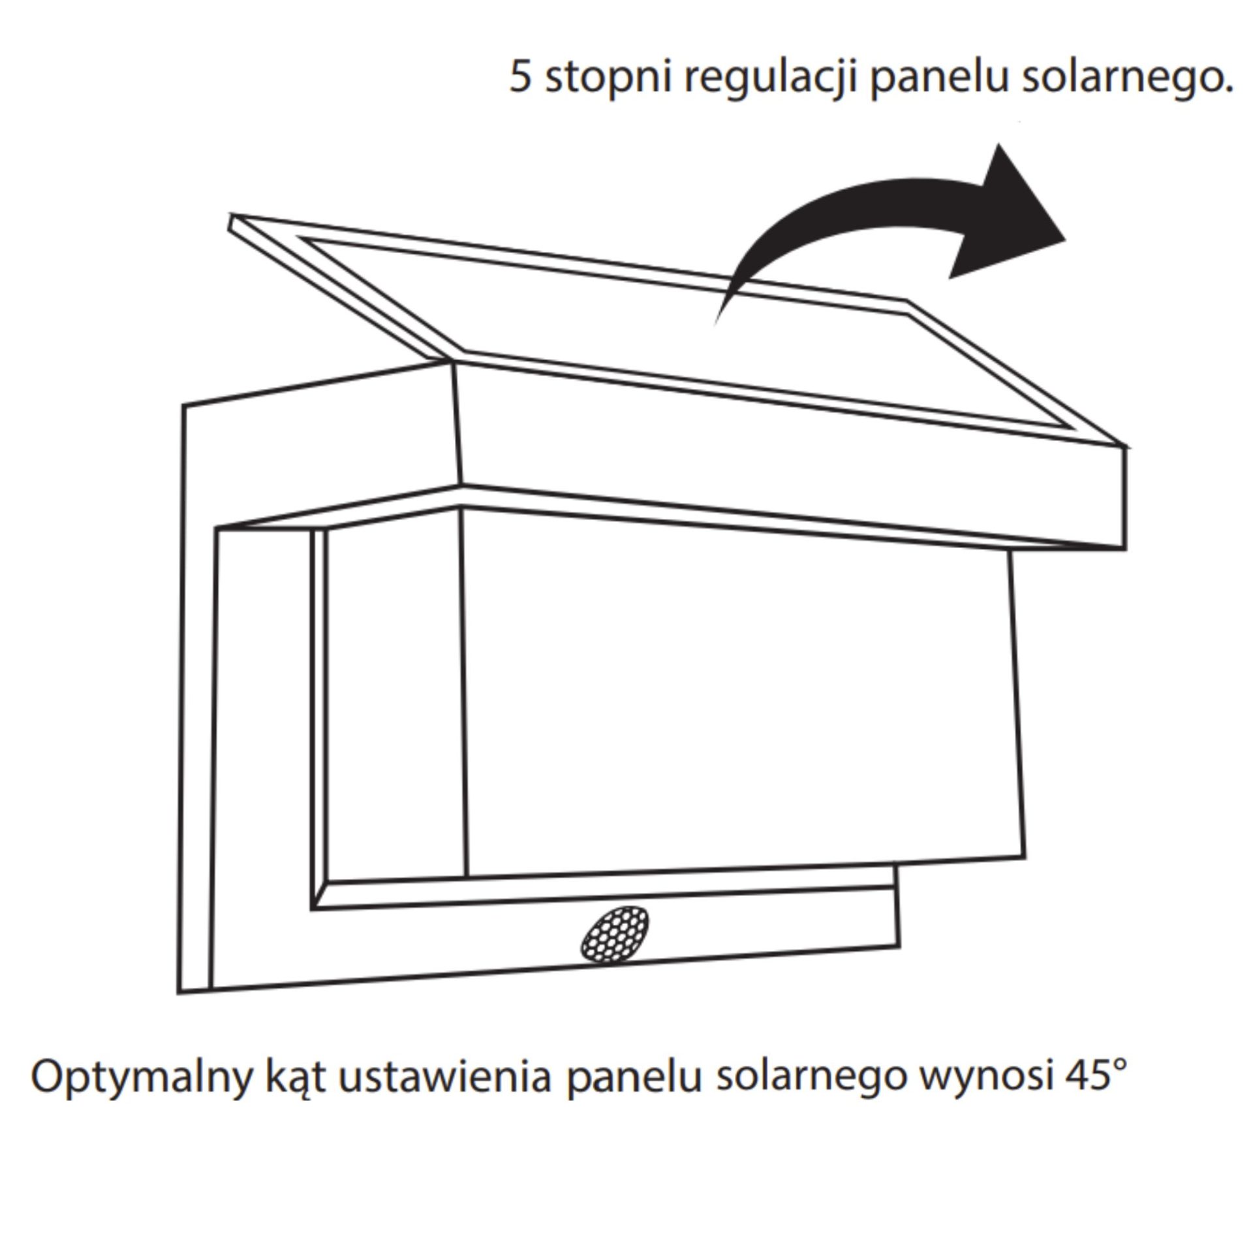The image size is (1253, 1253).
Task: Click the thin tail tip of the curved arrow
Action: (x=717, y=321)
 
